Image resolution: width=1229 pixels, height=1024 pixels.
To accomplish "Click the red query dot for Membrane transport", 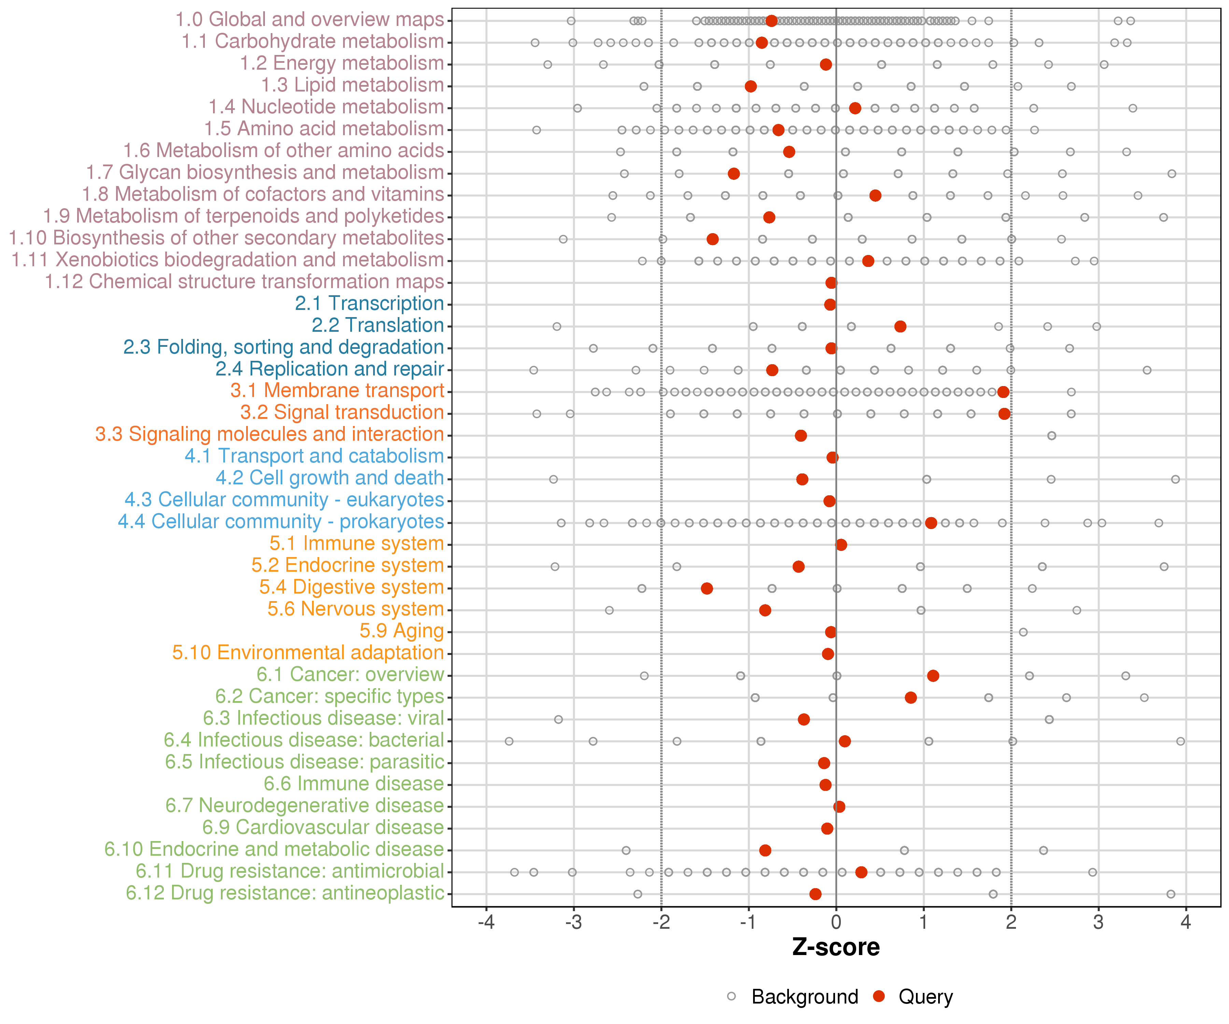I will [x=1003, y=392].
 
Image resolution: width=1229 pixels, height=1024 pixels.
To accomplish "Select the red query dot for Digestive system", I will [x=707, y=588].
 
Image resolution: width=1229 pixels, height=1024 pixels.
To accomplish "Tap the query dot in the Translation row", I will [x=900, y=327].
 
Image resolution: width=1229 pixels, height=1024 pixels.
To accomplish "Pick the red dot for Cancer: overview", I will [x=933, y=676].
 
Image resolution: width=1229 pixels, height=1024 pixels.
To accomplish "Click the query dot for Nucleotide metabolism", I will [x=855, y=108].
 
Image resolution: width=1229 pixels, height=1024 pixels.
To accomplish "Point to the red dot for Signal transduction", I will [x=1004, y=414].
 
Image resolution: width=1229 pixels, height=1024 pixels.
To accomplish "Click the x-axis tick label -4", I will [x=486, y=923].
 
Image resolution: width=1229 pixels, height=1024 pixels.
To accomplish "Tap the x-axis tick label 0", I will [x=836, y=923].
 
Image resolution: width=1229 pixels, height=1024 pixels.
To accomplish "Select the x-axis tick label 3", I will [x=1099, y=923].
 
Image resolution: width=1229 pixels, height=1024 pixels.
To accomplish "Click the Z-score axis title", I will [x=836, y=947].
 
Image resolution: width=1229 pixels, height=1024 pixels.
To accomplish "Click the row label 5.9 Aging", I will [x=401, y=631].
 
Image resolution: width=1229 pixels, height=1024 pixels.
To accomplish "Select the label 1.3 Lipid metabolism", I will [x=352, y=85].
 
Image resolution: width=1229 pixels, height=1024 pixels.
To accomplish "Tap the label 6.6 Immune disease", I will [x=353, y=784].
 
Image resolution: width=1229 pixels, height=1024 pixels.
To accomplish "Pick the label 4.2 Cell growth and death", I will [x=329, y=478].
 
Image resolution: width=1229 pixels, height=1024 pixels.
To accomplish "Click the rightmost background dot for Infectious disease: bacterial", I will [x=1181, y=741].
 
